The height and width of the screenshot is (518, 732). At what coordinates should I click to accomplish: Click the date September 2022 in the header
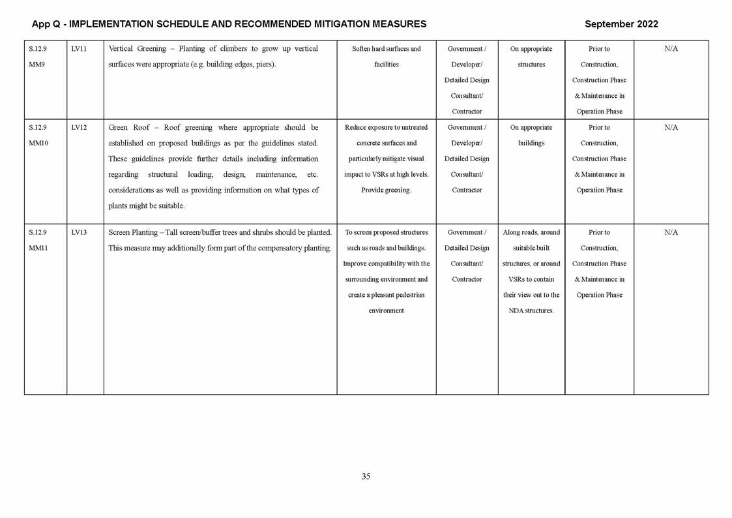click(x=621, y=24)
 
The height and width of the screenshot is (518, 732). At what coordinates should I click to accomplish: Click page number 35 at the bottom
click(x=366, y=476)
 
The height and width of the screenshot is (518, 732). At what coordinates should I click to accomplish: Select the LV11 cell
click(x=79, y=49)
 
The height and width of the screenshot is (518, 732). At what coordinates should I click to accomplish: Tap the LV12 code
click(x=79, y=128)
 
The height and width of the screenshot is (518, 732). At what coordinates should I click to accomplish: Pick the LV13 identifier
click(x=79, y=232)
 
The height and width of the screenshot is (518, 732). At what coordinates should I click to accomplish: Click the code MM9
click(x=37, y=65)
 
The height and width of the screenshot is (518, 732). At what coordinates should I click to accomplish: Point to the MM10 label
click(x=38, y=144)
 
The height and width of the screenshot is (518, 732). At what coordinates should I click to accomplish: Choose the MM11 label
click(x=38, y=248)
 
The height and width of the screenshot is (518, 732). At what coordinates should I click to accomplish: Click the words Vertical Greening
click(x=137, y=49)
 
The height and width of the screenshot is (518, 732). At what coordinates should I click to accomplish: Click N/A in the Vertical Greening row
click(x=671, y=49)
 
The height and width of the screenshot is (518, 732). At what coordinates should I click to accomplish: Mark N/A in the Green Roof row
click(x=671, y=128)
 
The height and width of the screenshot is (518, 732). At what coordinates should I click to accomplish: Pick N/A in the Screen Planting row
click(x=671, y=232)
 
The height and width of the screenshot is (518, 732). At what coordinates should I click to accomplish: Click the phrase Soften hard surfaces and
click(x=386, y=49)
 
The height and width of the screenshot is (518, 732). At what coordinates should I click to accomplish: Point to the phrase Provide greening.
click(x=386, y=190)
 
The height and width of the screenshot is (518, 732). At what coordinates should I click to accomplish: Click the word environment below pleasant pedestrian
click(x=386, y=311)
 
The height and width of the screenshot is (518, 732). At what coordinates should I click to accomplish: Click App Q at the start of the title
click(x=45, y=24)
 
